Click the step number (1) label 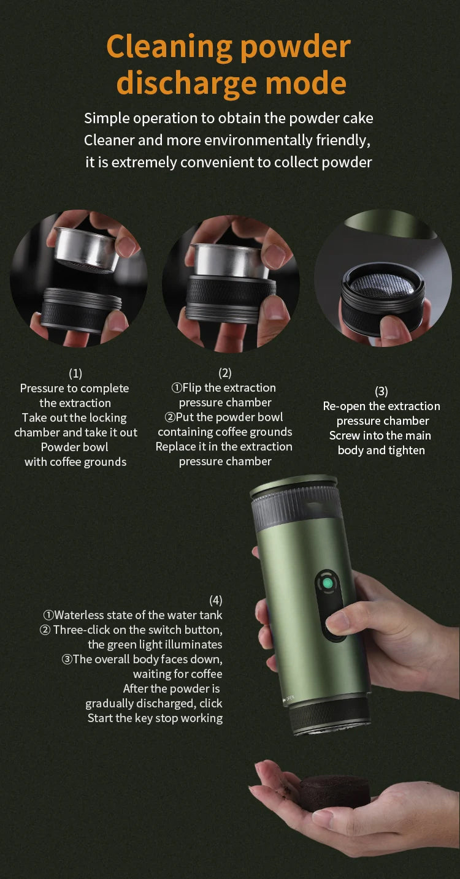[x=75, y=373]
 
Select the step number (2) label [x=225, y=373]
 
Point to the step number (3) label [x=381, y=391]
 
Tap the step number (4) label [x=215, y=600]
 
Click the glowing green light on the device [x=328, y=584]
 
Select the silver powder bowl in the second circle [x=231, y=260]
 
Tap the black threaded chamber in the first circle [x=79, y=310]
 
